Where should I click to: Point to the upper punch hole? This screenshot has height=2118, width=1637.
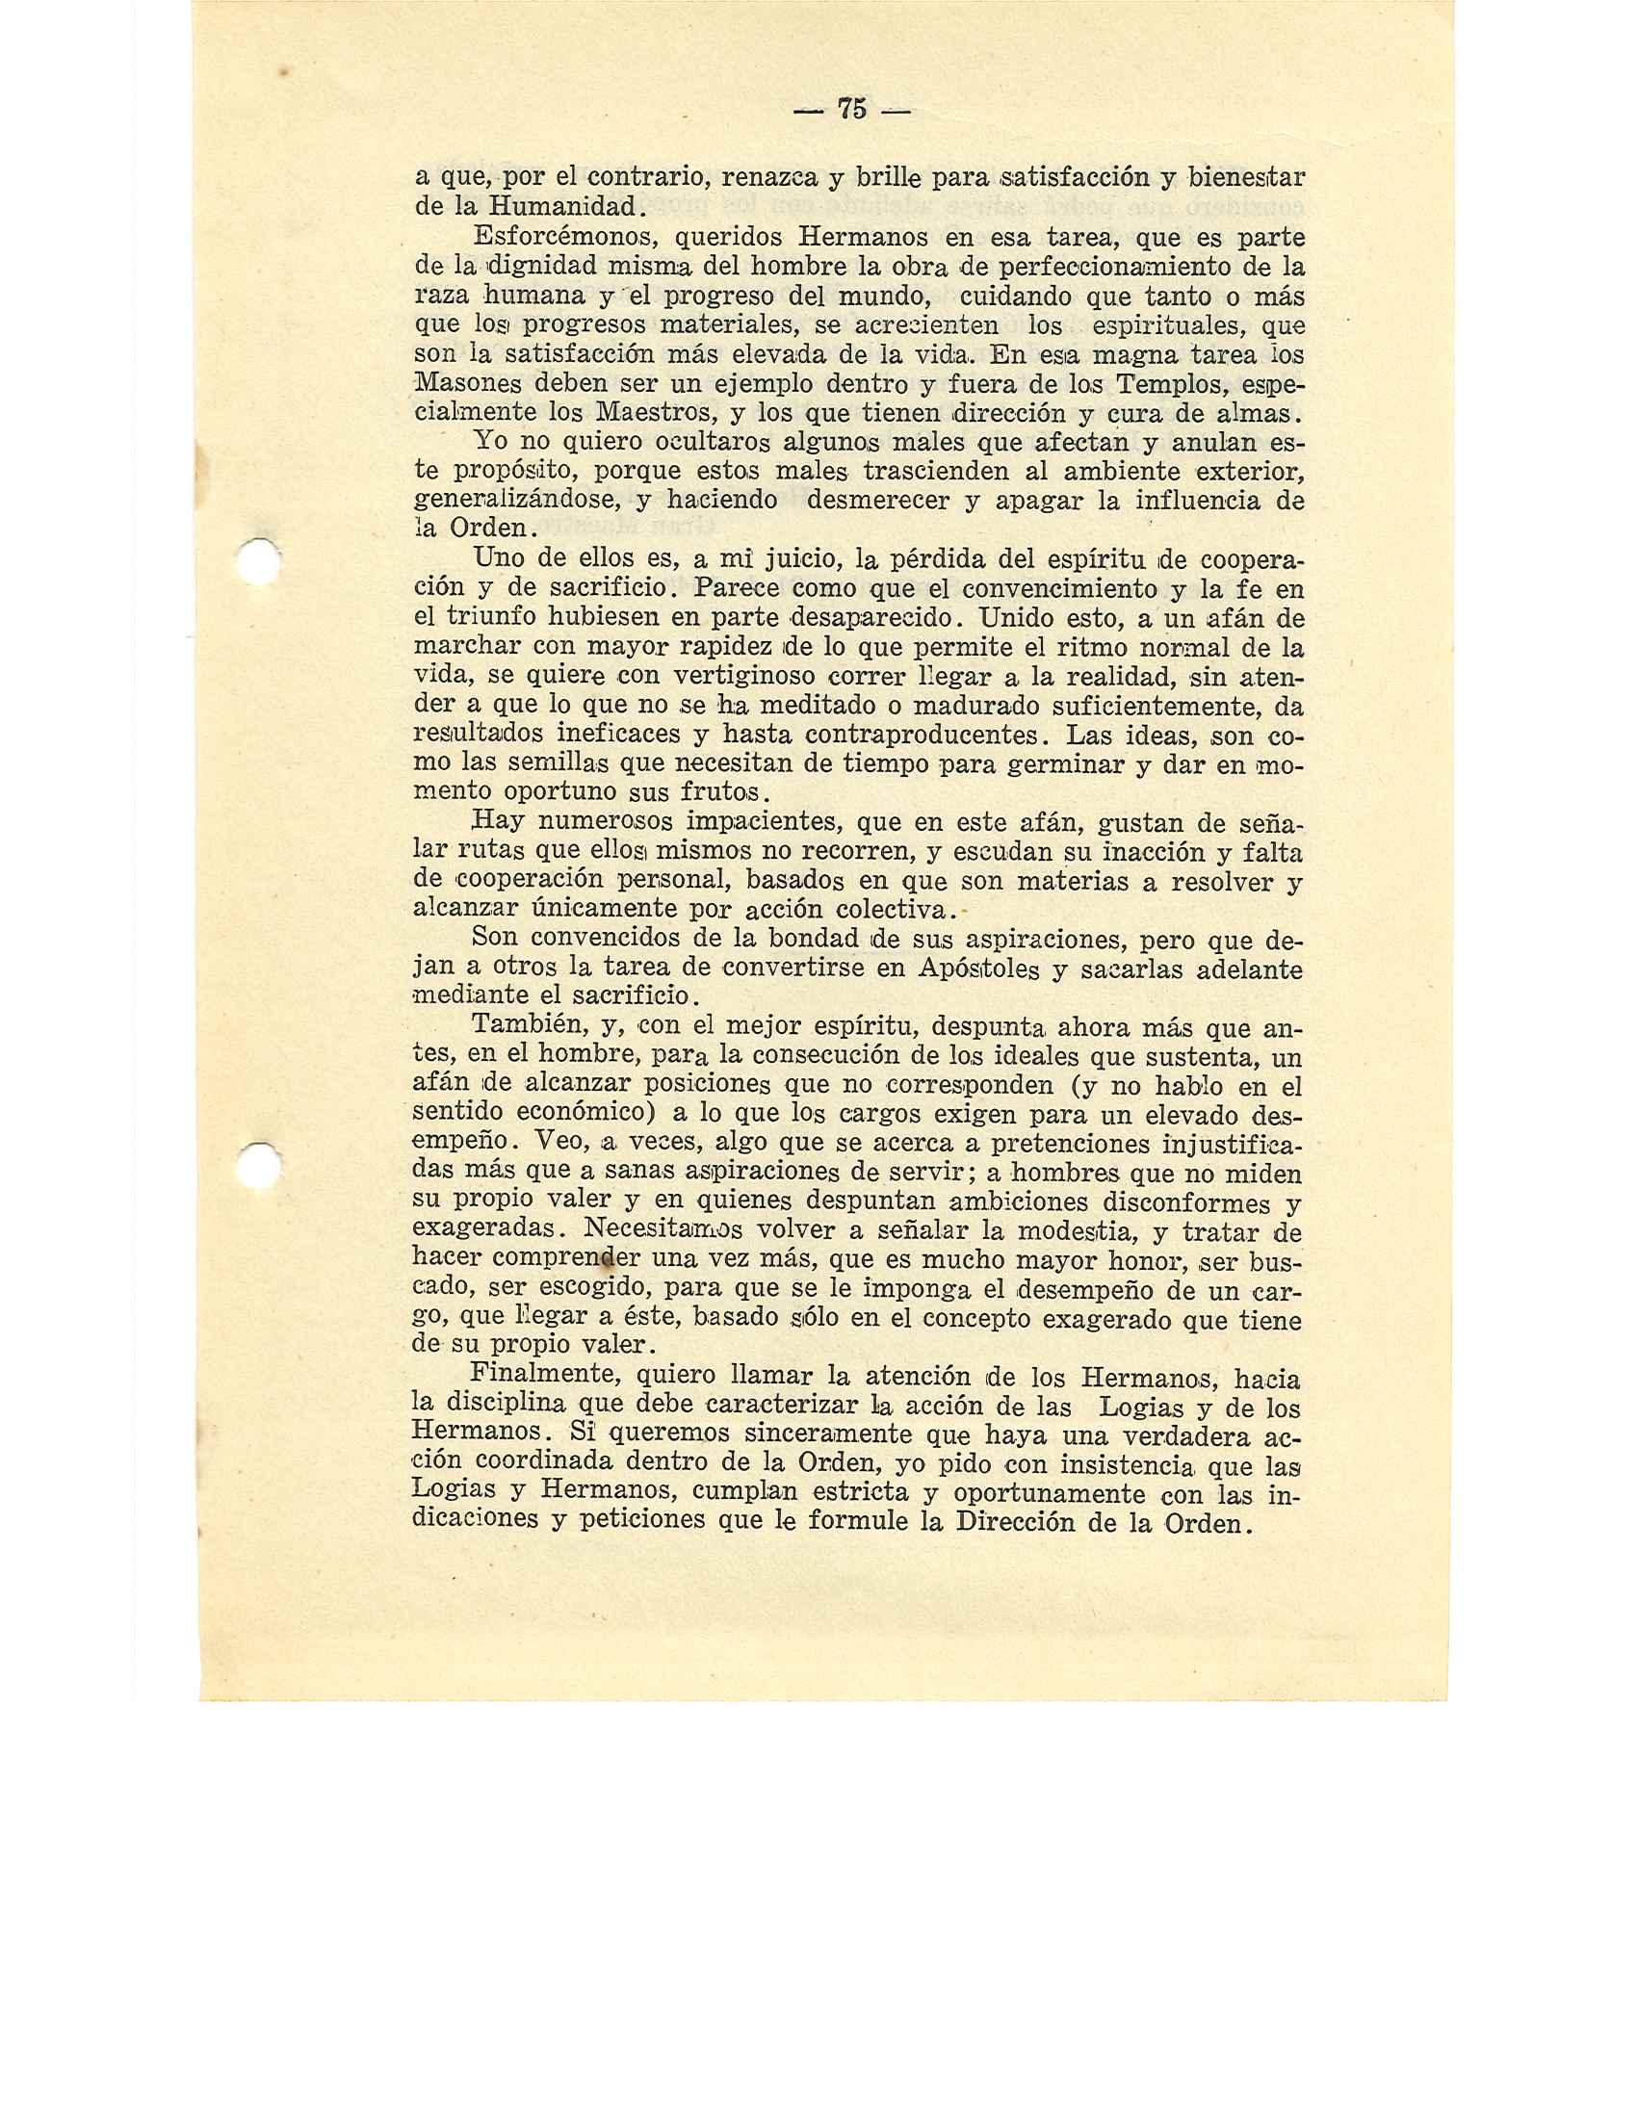[x=260, y=560]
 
